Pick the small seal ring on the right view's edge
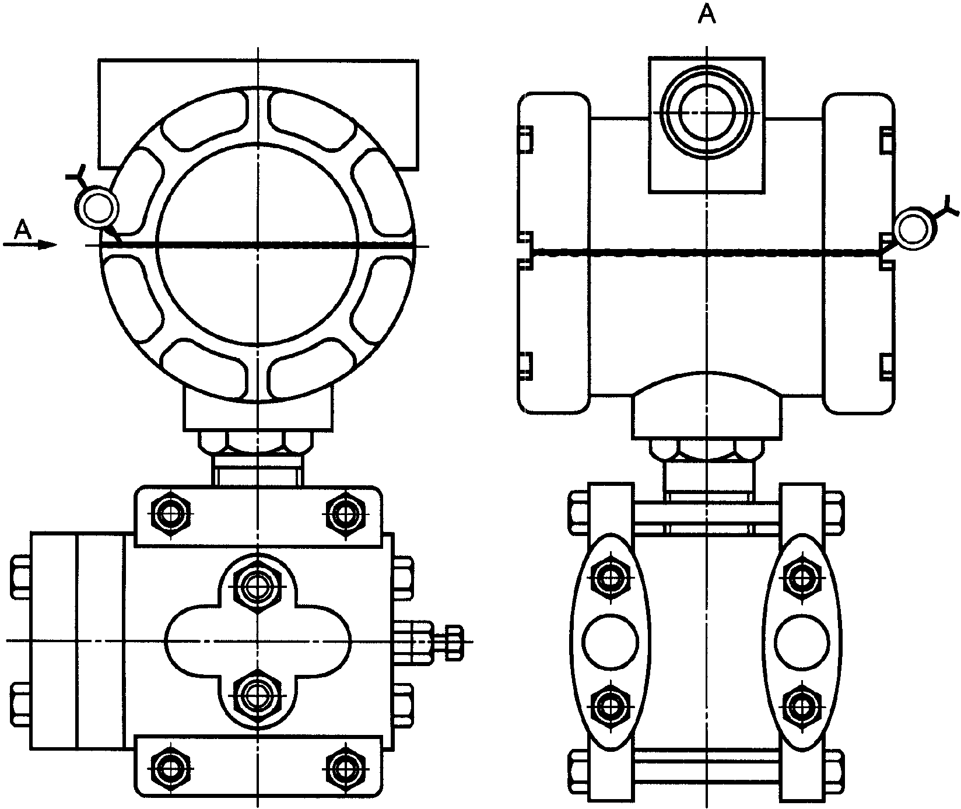point(914,229)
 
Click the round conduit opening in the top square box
point(706,112)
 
